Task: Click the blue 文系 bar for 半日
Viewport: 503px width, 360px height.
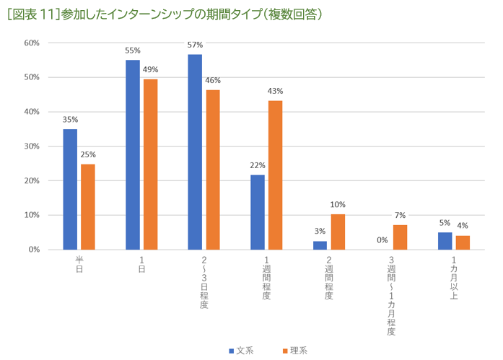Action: [x=70, y=189]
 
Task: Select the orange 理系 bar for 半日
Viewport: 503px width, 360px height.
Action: [x=87, y=206]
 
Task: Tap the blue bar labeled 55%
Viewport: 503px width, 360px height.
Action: [x=133, y=154]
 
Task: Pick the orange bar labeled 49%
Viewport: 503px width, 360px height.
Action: [x=150, y=164]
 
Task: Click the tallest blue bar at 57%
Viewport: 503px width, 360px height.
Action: [x=195, y=152]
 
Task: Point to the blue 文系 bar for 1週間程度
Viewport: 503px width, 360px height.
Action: [x=258, y=212]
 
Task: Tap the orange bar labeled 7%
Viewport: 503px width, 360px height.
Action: [x=401, y=237]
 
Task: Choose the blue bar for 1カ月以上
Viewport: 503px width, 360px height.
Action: [x=445, y=241]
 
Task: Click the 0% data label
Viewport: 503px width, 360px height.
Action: [x=382, y=240]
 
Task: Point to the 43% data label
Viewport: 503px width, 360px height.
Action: [x=275, y=92]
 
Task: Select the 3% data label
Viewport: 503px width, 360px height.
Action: [x=320, y=232]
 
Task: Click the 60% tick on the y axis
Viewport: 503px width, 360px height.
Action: [x=32, y=43]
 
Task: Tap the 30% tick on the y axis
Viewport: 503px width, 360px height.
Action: [x=32, y=146]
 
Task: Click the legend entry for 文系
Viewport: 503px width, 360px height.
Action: [x=241, y=351]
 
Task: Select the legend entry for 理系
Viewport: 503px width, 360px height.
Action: [x=294, y=351]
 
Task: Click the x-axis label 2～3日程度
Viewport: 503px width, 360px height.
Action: [x=204, y=281]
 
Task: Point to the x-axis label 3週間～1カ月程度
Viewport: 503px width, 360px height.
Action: [x=391, y=296]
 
